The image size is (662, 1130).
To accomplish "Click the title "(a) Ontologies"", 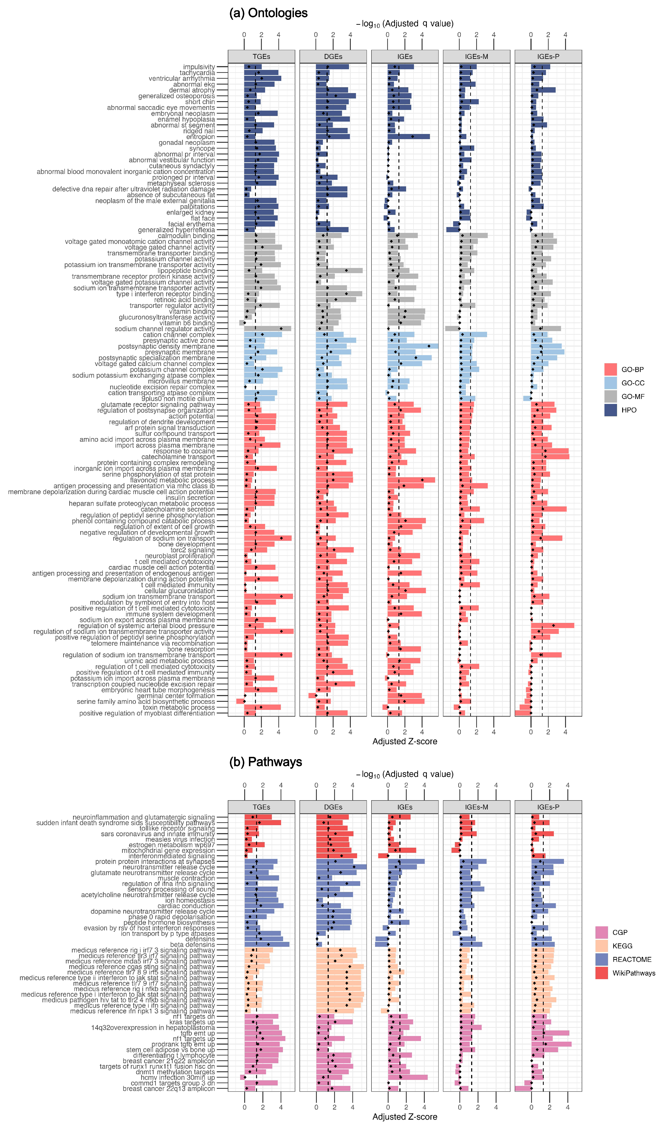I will (268, 13).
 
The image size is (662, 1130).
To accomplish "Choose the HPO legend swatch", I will (611, 410).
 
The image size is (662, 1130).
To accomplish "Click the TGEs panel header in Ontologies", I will (262, 56).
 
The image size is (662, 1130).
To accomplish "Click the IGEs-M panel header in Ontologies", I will (476, 56).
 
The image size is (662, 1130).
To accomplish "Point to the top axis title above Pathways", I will (405, 774).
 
